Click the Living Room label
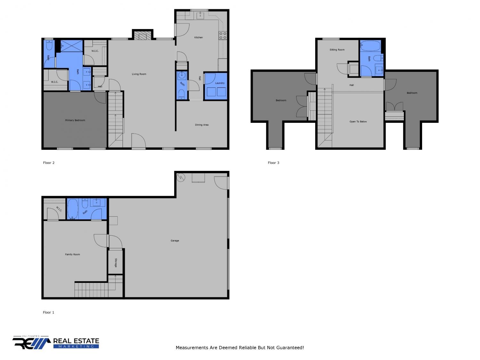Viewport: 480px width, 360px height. pos(139,74)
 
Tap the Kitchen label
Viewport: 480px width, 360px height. pos(198,37)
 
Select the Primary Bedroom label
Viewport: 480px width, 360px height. pos(75,120)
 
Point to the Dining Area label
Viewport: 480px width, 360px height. pos(202,125)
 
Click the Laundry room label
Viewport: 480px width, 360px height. pos(220,83)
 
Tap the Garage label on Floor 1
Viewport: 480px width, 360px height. pos(175,241)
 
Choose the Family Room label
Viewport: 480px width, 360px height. pos(72,254)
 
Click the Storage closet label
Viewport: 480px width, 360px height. pos(116,263)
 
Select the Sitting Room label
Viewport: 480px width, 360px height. pos(337,50)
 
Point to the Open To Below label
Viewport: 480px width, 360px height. pos(358,122)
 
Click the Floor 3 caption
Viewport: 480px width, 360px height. pos(273,163)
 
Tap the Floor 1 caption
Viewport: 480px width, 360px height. pos(48,312)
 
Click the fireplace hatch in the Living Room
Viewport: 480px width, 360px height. pos(142,36)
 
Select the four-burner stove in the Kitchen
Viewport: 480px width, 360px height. pos(223,36)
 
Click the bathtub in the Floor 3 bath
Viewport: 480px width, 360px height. pos(371,46)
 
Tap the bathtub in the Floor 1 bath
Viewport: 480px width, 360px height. pos(73,209)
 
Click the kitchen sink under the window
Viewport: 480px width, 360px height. pos(200,15)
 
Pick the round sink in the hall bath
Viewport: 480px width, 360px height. pos(182,76)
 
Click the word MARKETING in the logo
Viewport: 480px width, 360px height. pos(76,346)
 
